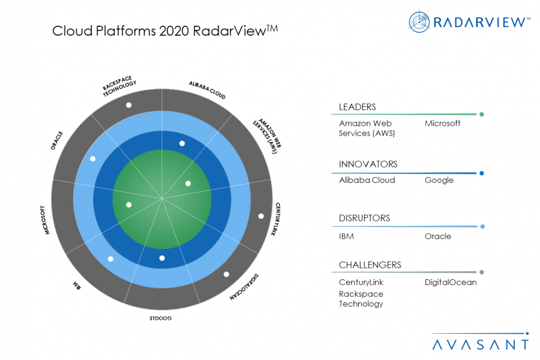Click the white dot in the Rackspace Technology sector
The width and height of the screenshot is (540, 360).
click(x=128, y=105)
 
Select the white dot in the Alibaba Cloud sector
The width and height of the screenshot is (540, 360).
click(x=182, y=143)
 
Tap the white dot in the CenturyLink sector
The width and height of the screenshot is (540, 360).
click(x=261, y=216)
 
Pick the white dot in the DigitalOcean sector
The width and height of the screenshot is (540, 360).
click(x=226, y=274)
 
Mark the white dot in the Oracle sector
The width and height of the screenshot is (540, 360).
click(x=93, y=159)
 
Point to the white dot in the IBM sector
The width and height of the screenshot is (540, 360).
click(x=111, y=259)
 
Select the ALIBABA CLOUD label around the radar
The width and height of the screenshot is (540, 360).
click(x=207, y=90)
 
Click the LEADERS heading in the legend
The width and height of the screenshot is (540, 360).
click(x=357, y=107)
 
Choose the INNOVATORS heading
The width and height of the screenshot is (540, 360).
click(x=368, y=164)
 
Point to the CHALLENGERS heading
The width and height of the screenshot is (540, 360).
click(x=370, y=265)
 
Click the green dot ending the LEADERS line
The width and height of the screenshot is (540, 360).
click(x=481, y=114)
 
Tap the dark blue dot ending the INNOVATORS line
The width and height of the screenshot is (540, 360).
click(x=481, y=173)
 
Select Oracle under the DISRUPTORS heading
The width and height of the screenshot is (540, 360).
click(x=438, y=236)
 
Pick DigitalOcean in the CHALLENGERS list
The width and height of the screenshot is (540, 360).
click(x=450, y=282)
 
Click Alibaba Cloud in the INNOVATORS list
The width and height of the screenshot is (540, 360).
click(x=367, y=180)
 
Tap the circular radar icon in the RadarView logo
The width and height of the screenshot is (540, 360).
click(x=419, y=21)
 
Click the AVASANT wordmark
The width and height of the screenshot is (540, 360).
click(x=480, y=344)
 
